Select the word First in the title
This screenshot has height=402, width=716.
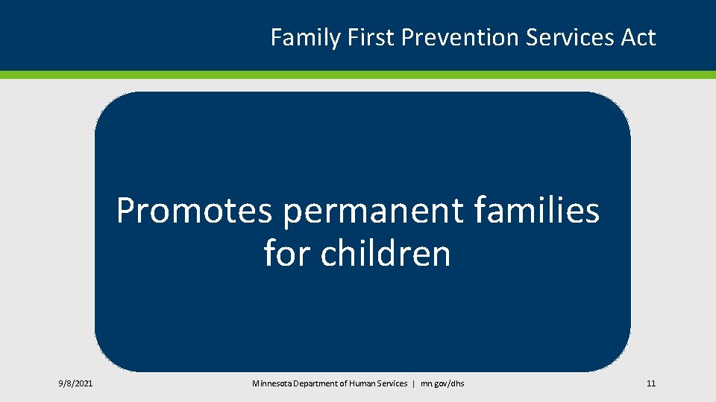click(x=371, y=37)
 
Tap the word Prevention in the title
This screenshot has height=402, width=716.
click(x=460, y=37)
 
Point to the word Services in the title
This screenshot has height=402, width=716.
click(x=569, y=37)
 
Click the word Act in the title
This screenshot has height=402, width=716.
click(x=638, y=37)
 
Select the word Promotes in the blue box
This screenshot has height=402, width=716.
click(x=195, y=210)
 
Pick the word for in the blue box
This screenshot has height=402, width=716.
click(x=287, y=252)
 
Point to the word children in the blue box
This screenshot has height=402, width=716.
click(x=386, y=252)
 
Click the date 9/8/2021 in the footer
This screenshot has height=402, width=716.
click(x=75, y=383)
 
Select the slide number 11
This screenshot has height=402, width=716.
click(x=651, y=383)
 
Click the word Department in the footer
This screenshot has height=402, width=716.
click(x=315, y=384)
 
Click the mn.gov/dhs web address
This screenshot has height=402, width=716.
click(x=442, y=384)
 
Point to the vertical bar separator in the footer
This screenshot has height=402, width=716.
click(x=414, y=384)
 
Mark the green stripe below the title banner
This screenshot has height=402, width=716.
click(x=358, y=74)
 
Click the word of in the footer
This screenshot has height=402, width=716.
click(x=343, y=383)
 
